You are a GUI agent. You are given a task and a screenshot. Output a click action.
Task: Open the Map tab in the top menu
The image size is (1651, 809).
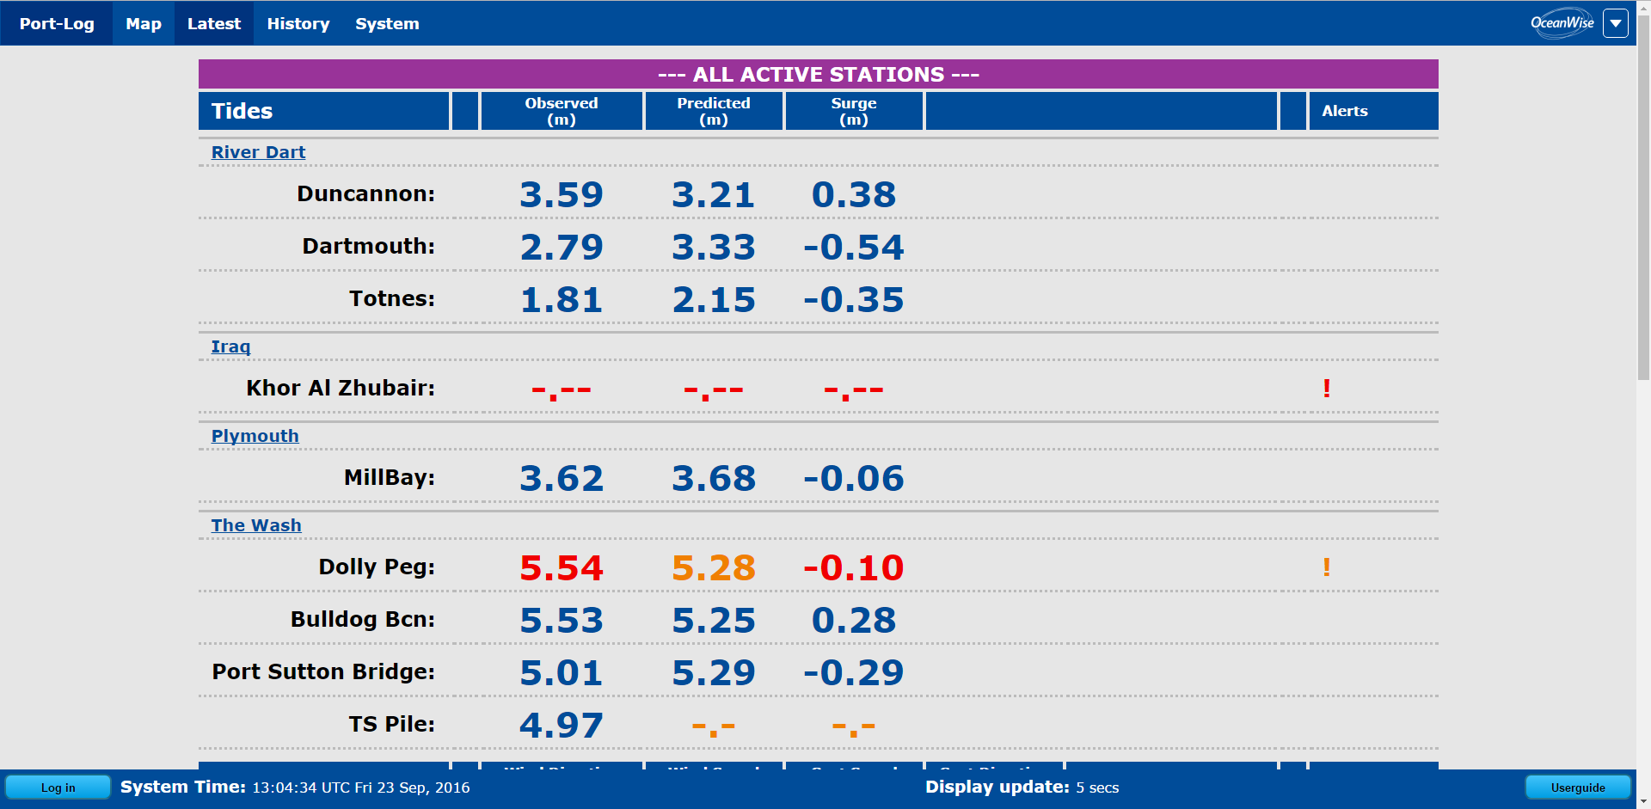click(x=143, y=24)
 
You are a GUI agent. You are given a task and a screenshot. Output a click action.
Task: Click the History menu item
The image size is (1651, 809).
click(x=298, y=24)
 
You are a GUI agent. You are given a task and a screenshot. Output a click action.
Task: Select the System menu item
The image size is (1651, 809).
click(x=387, y=24)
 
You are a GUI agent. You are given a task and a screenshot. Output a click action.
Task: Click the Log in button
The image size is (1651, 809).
click(x=58, y=788)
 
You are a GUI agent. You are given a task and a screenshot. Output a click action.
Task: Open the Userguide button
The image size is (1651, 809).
click(x=1577, y=788)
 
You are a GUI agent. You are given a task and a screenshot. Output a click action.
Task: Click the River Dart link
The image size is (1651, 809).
click(x=258, y=152)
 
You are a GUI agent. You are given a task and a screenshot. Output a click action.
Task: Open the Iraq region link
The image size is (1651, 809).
click(x=230, y=346)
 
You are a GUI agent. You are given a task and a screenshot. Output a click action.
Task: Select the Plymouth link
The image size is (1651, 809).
click(x=255, y=436)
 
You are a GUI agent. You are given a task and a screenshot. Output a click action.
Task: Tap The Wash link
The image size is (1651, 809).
click(x=256, y=525)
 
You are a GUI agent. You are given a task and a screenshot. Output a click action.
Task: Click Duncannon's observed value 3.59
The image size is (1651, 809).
click(x=562, y=195)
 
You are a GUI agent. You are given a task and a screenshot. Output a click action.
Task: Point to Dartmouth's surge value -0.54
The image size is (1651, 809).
click(x=853, y=248)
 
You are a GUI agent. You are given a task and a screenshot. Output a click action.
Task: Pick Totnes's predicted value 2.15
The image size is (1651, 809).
click(x=713, y=300)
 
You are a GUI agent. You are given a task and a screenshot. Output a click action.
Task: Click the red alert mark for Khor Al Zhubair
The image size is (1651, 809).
click(x=1327, y=389)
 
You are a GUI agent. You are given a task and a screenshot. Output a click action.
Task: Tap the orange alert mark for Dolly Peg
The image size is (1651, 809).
click(x=1327, y=567)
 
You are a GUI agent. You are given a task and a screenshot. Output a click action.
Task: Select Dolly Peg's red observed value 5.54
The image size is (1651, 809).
click(x=562, y=568)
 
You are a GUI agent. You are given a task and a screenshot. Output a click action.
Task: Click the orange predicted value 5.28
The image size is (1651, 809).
click(x=713, y=568)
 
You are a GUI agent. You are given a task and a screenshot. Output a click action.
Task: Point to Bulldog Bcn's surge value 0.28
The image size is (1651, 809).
click(x=853, y=621)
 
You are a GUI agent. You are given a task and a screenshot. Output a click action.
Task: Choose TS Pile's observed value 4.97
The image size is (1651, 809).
click(x=562, y=726)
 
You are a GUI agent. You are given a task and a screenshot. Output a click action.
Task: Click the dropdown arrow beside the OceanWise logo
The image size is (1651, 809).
click(x=1616, y=23)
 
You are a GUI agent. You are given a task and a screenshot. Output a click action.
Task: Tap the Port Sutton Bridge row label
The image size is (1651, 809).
click(x=323, y=671)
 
